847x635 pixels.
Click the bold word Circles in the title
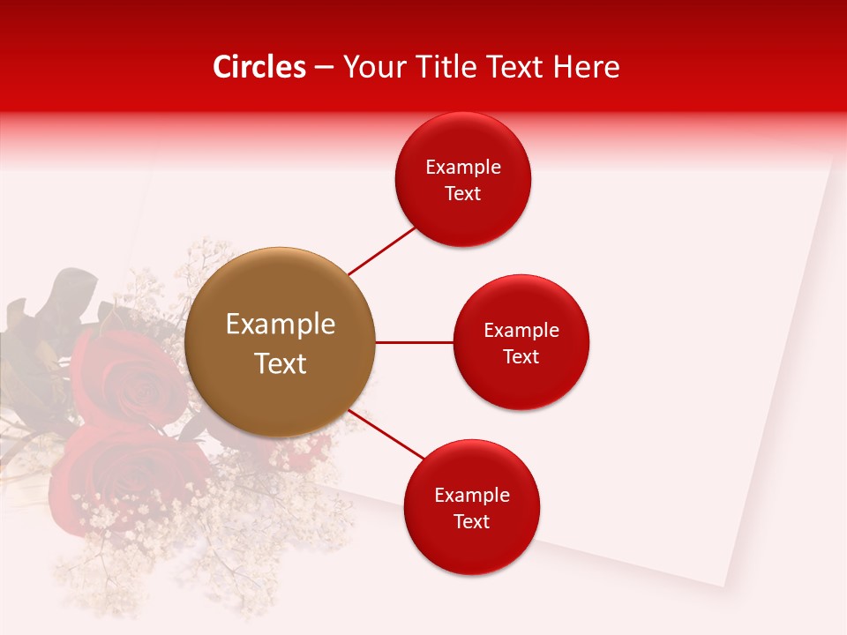(x=259, y=67)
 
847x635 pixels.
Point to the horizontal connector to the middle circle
(x=414, y=342)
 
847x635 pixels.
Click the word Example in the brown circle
(x=281, y=325)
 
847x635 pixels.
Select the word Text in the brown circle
(x=281, y=363)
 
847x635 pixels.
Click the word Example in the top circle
(x=463, y=168)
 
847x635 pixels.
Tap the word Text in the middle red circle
(x=521, y=357)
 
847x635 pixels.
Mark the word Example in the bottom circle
(x=472, y=496)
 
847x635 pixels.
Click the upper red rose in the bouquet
(x=124, y=375)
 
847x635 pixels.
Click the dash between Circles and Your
(x=324, y=68)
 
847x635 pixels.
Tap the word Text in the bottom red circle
(x=472, y=522)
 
